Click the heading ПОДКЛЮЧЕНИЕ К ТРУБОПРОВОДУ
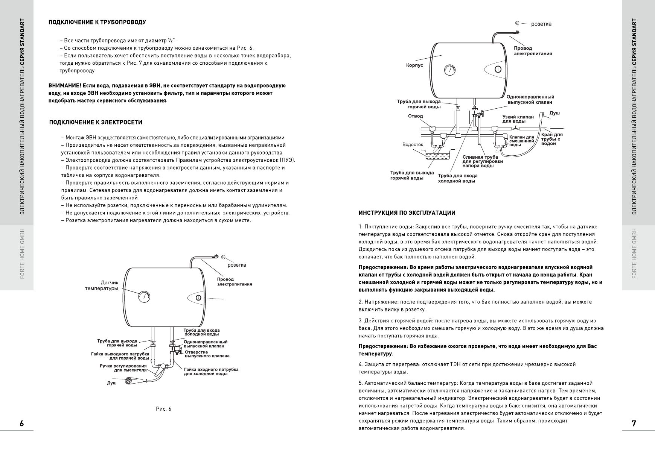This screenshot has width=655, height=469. [x=97, y=22]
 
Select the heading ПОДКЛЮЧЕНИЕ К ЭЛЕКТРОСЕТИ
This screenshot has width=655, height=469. [x=96, y=123]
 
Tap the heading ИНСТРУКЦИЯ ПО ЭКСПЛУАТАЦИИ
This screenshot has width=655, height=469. [x=407, y=213]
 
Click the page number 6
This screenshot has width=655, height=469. [x=22, y=423]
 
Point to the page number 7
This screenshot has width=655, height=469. [x=634, y=423]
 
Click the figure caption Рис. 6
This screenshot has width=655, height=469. [x=163, y=409]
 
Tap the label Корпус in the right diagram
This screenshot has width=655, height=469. [x=414, y=65]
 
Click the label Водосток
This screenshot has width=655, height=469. [x=413, y=144]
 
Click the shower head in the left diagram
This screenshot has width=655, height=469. [x=129, y=381]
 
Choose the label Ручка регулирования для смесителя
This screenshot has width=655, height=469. [x=123, y=368]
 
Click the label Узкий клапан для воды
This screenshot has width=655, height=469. [x=518, y=119]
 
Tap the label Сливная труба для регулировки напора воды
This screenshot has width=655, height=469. [x=483, y=161]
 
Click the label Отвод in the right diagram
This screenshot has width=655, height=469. [x=416, y=116]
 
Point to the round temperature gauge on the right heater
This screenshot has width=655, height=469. [x=449, y=70]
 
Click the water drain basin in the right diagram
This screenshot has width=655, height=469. [x=437, y=156]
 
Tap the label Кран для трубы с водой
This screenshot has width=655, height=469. [x=552, y=139]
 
